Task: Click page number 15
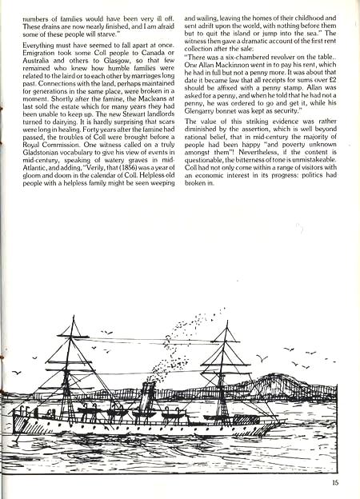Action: point(335,481)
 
